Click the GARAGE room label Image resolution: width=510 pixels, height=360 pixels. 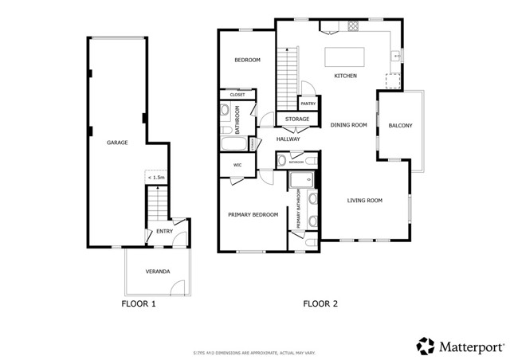tap(118, 143)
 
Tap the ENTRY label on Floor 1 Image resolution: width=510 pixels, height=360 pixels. tap(164, 232)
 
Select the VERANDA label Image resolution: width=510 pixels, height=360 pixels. tap(157, 272)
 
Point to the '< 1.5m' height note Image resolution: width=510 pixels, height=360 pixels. tap(157, 177)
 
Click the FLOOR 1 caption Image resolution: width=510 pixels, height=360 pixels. tap(139, 303)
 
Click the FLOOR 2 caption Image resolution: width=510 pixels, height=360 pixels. tap(321, 303)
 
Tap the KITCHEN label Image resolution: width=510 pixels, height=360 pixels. tap(345, 76)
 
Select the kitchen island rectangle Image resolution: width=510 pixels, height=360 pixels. tap(345, 57)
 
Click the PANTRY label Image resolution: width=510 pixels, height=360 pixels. tap(308, 104)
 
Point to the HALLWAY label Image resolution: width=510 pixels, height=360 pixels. tap(288, 139)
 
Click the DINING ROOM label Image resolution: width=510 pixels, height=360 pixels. tap(348, 124)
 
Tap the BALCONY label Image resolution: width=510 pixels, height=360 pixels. tap(400, 126)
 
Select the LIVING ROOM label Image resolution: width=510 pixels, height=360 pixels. tap(365, 200)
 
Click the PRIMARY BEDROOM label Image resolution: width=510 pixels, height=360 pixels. tap(253, 214)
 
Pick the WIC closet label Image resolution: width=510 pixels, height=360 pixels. tap(237, 165)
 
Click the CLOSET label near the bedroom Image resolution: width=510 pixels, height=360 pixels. tap(237, 95)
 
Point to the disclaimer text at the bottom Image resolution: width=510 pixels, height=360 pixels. tap(254, 351)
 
